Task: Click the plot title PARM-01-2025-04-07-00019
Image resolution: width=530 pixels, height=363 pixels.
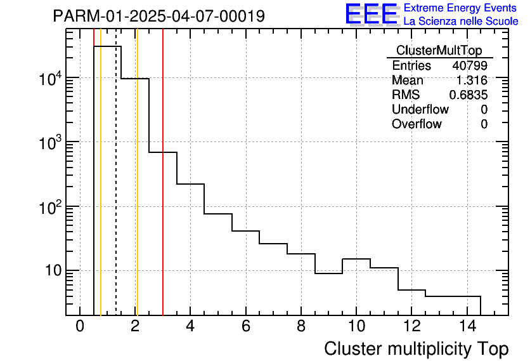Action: tap(158, 16)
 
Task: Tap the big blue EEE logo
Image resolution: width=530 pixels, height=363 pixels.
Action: tap(371, 14)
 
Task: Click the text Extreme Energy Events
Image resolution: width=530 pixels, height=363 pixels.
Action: tap(461, 8)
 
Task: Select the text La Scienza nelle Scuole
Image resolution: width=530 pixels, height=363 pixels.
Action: tap(461, 22)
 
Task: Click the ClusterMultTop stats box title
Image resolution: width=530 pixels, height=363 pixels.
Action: tap(439, 51)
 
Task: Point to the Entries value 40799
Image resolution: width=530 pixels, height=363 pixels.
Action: tap(470, 66)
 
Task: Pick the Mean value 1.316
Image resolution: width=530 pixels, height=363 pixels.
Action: tap(472, 81)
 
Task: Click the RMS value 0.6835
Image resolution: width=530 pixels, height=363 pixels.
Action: tap(469, 95)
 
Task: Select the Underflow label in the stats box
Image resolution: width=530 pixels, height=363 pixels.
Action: tap(420, 110)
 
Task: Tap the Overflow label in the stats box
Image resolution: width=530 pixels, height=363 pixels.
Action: tap(417, 124)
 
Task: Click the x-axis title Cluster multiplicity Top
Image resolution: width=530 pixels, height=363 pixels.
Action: tap(416, 349)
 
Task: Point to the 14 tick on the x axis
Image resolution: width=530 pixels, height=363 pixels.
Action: tap(467, 327)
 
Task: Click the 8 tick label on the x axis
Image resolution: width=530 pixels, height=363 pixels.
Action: tap(301, 327)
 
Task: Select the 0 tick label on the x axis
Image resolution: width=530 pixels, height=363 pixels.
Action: tap(80, 327)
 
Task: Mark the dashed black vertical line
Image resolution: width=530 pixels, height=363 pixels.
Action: tap(116, 190)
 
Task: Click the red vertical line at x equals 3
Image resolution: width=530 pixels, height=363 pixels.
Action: tap(163, 190)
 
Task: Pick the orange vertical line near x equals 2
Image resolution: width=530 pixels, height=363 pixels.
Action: tap(137, 190)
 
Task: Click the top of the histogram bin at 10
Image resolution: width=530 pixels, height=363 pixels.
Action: tap(356, 259)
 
